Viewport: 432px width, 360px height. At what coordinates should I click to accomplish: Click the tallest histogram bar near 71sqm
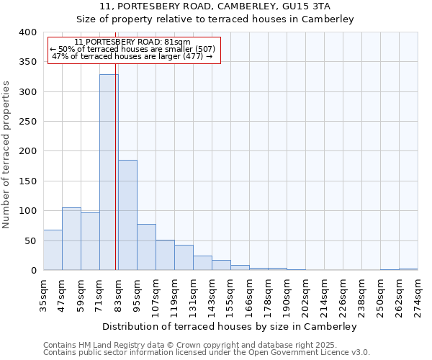[x=109, y=173]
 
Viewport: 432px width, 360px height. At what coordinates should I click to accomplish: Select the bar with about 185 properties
[x=127, y=215]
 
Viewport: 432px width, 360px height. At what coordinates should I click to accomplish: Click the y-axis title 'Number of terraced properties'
[x=6, y=154]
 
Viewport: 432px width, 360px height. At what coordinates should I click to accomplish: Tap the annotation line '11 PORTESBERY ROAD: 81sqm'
[x=132, y=42]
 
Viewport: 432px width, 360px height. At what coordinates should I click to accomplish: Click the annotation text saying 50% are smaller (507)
[x=132, y=50]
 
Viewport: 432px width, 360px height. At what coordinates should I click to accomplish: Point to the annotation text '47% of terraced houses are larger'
[x=132, y=57]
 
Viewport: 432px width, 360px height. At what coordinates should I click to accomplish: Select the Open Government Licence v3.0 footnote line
[x=207, y=353]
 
